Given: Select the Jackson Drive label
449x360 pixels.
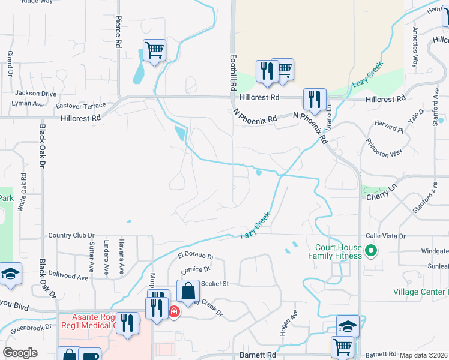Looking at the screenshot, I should tap(35, 94).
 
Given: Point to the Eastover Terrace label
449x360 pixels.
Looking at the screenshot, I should tap(81, 106).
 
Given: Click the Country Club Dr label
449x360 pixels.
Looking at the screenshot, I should tap(71, 235).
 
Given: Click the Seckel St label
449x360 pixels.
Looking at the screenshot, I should tap(215, 283).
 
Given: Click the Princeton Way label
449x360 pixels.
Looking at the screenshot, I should tap(384, 153).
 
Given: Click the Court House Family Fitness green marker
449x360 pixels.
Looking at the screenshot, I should tap(371, 251).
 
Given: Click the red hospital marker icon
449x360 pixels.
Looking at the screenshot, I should tap(174, 311).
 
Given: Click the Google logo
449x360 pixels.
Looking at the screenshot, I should tap(20, 353).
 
